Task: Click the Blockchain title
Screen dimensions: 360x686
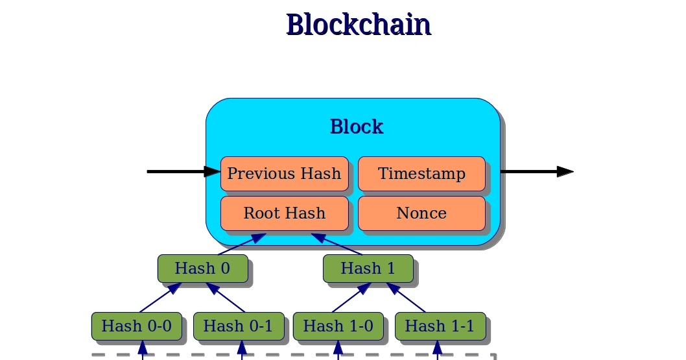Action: point(358,25)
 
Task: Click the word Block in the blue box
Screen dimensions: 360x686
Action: point(356,126)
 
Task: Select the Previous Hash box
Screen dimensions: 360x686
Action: point(284,174)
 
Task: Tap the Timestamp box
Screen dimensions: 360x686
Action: point(421,174)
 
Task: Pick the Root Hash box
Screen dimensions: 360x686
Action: point(284,213)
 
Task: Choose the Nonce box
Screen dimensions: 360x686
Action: point(421,213)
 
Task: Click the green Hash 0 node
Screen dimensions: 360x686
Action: point(202,268)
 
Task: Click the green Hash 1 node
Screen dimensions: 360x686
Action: point(368,268)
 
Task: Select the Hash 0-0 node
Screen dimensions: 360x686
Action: point(136,326)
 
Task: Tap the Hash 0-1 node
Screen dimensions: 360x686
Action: point(238,326)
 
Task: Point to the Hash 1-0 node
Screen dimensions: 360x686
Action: point(338,326)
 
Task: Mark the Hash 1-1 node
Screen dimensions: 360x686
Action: point(440,326)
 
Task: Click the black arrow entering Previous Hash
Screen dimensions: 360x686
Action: point(182,171)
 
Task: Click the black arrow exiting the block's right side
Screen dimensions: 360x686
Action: point(535,171)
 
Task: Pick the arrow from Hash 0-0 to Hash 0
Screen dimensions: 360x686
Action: point(160,298)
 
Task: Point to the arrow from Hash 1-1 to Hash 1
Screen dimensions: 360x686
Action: point(407,298)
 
